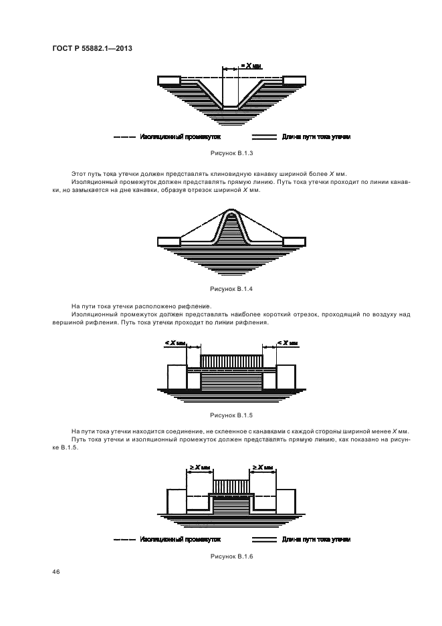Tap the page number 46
pyautogui.click(x=54, y=572)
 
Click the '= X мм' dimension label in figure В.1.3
pyautogui.click(x=251, y=67)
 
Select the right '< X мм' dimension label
pyautogui.click(x=288, y=343)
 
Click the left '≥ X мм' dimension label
pyautogui.click(x=201, y=467)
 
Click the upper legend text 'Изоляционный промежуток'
pyautogui.click(x=181, y=136)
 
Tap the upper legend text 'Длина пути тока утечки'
pyautogui.click(x=316, y=136)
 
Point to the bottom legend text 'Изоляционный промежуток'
pyautogui.click(x=181, y=539)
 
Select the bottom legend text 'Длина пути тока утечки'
pyautogui.click(x=316, y=539)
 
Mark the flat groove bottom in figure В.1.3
pyautogui.click(x=230, y=107)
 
